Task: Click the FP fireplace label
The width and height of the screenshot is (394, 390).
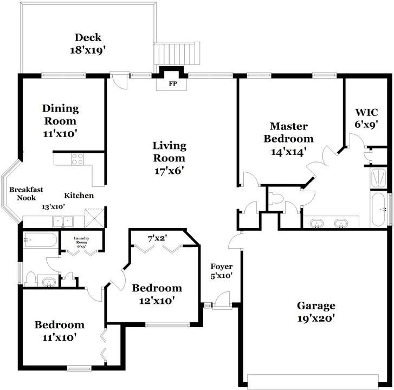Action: click(x=173, y=83)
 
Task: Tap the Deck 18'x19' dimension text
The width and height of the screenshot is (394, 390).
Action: click(x=87, y=50)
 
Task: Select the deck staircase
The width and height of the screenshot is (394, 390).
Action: click(x=177, y=54)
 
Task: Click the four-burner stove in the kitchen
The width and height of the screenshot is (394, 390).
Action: click(x=77, y=159)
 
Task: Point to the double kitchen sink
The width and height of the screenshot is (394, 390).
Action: click(x=63, y=222)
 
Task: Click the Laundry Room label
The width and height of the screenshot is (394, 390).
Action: click(x=81, y=240)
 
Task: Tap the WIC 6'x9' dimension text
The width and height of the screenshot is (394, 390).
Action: click(x=366, y=124)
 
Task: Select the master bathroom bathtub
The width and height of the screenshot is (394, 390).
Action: click(x=378, y=210)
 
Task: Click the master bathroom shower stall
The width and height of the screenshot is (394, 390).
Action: click(x=378, y=178)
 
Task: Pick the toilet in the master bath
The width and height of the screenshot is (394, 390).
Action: click(x=276, y=198)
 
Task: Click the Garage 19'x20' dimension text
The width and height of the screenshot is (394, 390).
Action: click(x=316, y=318)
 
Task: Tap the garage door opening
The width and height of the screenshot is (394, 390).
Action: click(x=313, y=382)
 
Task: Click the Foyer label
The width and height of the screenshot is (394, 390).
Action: click(x=221, y=266)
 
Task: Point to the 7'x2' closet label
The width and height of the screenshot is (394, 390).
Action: click(x=158, y=238)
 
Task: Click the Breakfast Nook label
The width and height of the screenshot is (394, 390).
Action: click(x=26, y=193)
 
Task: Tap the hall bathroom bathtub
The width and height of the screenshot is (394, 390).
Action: click(x=40, y=240)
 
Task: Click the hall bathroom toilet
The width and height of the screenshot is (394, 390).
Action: click(x=31, y=279)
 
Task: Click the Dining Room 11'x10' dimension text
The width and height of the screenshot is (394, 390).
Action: click(x=60, y=134)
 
